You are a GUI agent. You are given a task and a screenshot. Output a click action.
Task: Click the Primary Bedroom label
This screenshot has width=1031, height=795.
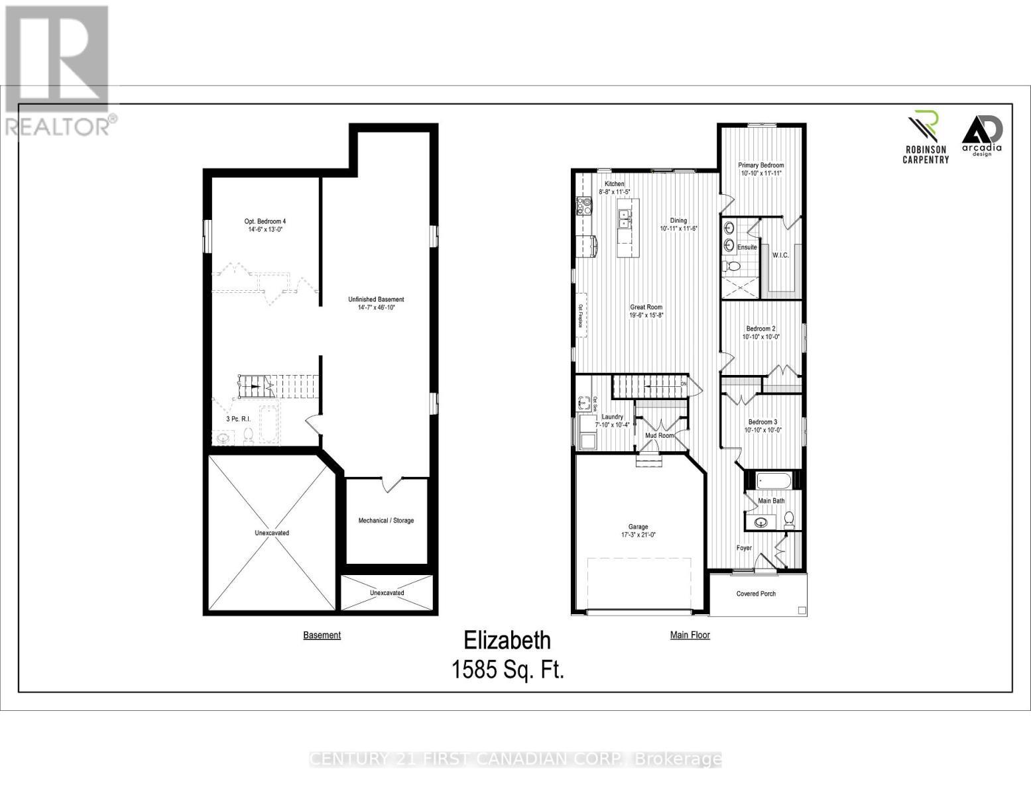click(761, 165)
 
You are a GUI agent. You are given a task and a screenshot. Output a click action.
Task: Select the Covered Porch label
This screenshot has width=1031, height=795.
click(756, 594)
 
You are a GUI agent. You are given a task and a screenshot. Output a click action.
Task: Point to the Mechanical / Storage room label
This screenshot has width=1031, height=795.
click(386, 520)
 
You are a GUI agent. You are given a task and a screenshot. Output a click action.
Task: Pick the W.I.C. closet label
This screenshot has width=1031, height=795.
click(780, 255)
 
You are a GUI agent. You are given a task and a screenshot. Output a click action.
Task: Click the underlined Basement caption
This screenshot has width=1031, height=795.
click(322, 635)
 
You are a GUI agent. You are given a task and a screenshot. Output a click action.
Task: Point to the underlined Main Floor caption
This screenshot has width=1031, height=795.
click(690, 635)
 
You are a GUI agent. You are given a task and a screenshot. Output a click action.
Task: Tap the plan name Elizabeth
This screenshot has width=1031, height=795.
click(507, 641)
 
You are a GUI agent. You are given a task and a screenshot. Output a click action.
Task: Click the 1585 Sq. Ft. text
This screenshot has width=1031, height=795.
click(507, 670)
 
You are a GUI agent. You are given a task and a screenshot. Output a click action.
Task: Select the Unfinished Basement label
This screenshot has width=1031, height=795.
click(376, 299)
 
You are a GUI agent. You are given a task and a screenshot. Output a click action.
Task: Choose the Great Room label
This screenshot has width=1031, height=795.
click(646, 307)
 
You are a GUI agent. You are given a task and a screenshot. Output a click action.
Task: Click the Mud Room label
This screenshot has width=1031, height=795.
click(659, 435)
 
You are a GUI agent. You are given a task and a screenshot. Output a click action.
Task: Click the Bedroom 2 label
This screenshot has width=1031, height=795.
click(760, 329)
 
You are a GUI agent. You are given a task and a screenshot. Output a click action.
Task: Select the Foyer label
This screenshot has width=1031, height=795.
click(745, 548)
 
